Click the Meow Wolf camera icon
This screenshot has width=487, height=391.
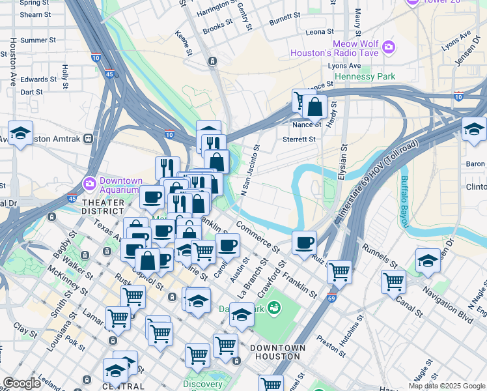pos(389,46)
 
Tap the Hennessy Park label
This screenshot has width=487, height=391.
pos(365,77)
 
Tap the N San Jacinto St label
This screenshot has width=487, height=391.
pos(251,170)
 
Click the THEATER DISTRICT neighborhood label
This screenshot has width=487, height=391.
pos(103,207)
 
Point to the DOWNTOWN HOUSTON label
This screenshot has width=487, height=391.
pos(277,352)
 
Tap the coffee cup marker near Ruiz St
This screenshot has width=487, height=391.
pos(304,243)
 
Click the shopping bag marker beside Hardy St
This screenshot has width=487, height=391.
pos(314,107)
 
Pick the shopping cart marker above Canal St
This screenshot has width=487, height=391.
pos(393,282)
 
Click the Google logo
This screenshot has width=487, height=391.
pos(21,383)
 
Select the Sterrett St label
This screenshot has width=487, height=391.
pos(299,139)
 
